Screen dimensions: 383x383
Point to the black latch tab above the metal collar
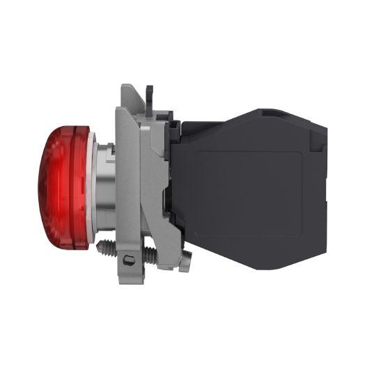(x=149, y=93)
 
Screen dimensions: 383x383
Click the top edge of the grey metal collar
(x=132, y=86)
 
